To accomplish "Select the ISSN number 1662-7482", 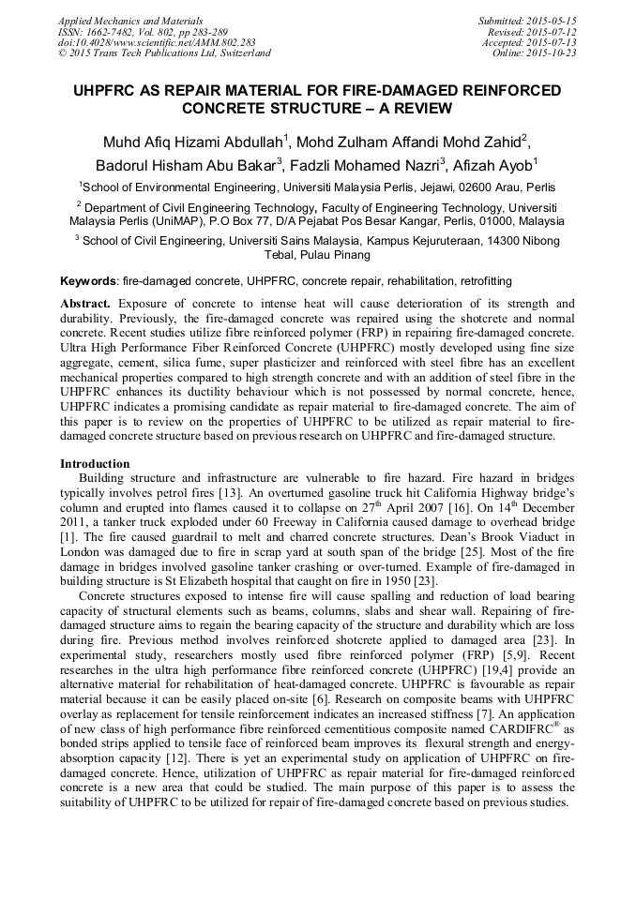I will (111, 31).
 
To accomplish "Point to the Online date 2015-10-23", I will (553, 53).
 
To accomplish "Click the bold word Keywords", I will (88, 280).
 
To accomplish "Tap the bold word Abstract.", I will (85, 304).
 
